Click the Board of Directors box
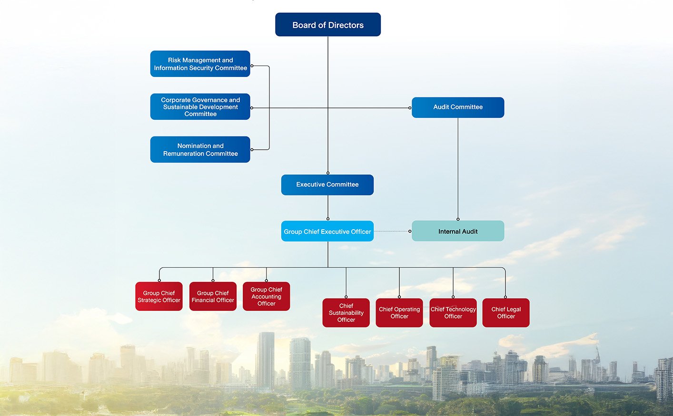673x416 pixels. coord(328,25)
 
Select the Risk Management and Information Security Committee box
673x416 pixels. coord(200,64)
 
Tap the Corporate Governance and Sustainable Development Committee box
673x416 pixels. coord(200,106)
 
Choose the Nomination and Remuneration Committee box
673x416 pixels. coord(200,149)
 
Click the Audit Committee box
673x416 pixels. coord(458,107)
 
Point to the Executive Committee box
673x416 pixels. coord(327,184)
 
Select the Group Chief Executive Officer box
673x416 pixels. coord(327,231)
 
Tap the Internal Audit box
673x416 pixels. coord(458,231)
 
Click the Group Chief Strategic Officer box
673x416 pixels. coord(159,296)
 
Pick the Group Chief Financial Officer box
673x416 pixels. coord(213,296)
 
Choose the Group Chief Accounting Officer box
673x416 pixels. coord(267,296)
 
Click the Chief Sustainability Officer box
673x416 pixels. coord(346,312)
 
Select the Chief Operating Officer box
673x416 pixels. coord(399,312)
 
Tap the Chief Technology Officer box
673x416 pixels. coord(453,312)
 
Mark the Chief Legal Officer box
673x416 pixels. coord(506,312)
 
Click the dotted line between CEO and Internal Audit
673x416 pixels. coord(391,232)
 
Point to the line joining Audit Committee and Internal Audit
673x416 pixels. coord(458,169)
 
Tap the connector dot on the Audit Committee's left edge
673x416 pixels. coord(410,108)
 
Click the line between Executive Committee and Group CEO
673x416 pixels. coord(328,207)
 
